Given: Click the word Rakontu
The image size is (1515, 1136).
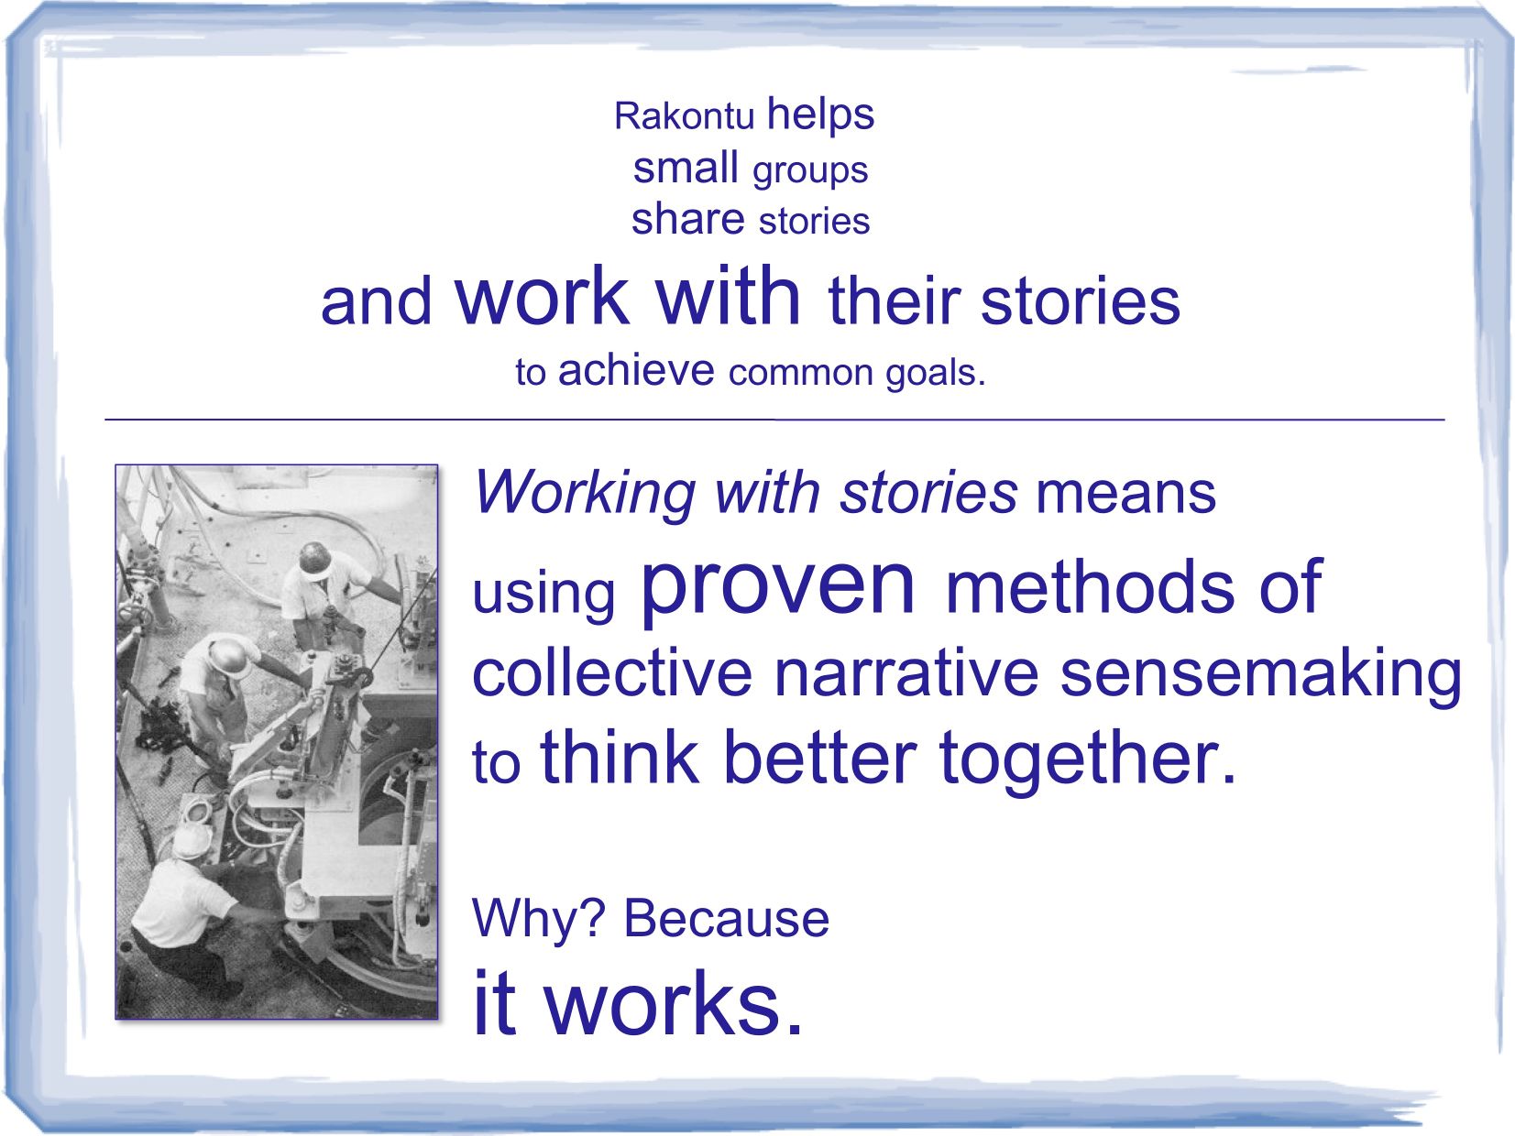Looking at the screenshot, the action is (x=684, y=115).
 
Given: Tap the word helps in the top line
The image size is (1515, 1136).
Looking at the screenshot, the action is (x=820, y=115).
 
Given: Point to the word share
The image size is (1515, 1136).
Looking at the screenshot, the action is (x=688, y=219).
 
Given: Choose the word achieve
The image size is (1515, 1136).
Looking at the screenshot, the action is (x=636, y=370).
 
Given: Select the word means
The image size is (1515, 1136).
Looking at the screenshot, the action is (x=1125, y=495).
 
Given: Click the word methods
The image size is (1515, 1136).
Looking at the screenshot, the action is (x=1089, y=586).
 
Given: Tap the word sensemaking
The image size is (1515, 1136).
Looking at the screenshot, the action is (x=1260, y=676).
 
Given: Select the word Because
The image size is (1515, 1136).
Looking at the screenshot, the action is (x=725, y=920).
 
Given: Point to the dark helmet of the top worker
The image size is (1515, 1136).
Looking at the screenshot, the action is (x=316, y=559).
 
